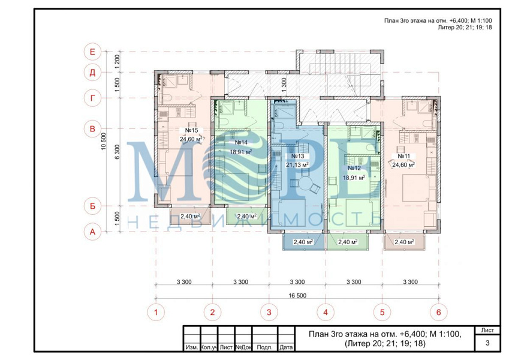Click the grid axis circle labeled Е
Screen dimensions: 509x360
point(92,52)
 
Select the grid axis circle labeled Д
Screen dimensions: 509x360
point(92,72)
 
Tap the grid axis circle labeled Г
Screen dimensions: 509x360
point(92,98)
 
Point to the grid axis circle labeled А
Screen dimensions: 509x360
point(92,232)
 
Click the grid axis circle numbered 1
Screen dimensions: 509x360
point(156,312)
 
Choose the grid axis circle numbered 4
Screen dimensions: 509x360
point(326,312)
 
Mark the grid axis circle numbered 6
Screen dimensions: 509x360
point(439,312)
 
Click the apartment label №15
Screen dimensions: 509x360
point(191,130)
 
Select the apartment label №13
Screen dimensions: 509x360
point(298,156)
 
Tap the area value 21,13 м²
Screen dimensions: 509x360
point(297,165)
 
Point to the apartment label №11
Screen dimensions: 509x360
point(404,156)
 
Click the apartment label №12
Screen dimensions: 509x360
point(354,169)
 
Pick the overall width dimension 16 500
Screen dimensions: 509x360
point(297,296)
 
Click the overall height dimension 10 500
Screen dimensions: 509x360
point(104,142)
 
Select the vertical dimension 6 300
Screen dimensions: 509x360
point(117,152)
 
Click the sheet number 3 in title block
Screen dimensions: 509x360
point(487,343)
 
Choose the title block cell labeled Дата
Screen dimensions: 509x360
point(286,347)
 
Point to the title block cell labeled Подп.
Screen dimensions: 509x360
point(264,347)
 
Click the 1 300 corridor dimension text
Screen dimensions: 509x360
point(284,85)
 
